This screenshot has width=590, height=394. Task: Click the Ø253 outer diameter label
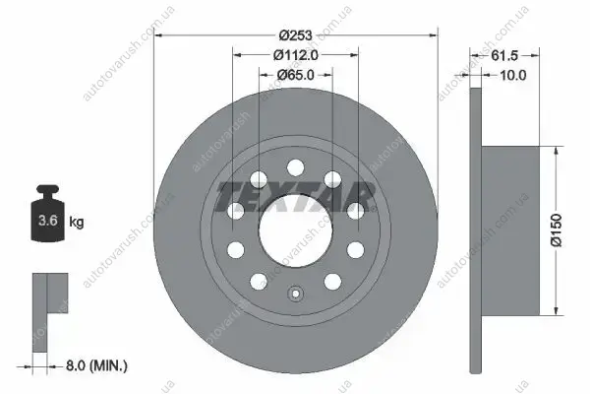[296, 35]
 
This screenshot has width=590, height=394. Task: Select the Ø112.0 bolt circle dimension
[296, 55]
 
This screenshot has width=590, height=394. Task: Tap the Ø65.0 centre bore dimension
[296, 75]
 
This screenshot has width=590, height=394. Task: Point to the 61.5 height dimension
[504, 56]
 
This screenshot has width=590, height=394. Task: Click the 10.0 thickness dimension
[513, 76]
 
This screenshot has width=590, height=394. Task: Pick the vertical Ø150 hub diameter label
[557, 230]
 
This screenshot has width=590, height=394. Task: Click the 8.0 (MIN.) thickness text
[96, 365]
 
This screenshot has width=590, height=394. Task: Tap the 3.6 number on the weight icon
[48, 221]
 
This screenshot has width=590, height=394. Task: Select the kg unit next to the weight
[77, 222]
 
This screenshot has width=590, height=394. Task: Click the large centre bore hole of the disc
[296, 230]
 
